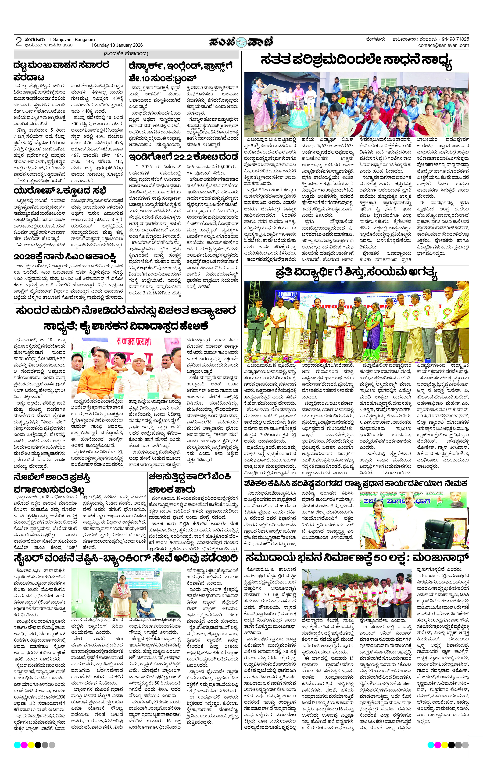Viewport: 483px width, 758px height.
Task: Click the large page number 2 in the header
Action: tap(19, 42)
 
